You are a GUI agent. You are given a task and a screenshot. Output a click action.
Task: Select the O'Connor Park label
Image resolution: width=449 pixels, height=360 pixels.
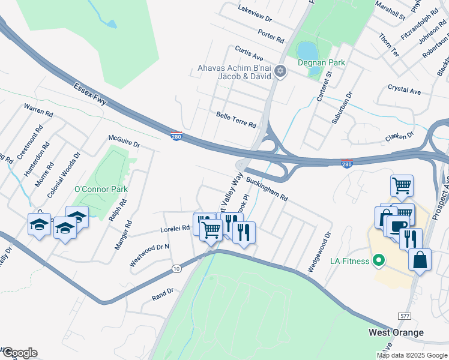click(x=101, y=190)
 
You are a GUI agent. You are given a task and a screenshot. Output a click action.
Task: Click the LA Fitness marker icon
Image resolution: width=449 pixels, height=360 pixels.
click(x=378, y=261)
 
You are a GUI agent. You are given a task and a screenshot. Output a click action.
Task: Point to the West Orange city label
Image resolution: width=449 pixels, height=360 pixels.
click(x=396, y=332)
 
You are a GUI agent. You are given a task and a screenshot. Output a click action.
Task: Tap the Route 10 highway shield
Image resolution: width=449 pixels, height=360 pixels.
click(x=176, y=268)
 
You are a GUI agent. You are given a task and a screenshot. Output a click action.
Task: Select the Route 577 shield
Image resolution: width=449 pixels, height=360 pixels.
click(x=405, y=316)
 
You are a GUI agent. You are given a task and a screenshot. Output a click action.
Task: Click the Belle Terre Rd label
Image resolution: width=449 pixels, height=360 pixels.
click(x=236, y=120)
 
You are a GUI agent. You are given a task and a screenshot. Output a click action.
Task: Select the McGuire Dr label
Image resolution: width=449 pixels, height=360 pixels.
click(x=124, y=142)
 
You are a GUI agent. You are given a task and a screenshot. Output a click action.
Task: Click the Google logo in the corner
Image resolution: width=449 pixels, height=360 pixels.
click(x=20, y=353)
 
